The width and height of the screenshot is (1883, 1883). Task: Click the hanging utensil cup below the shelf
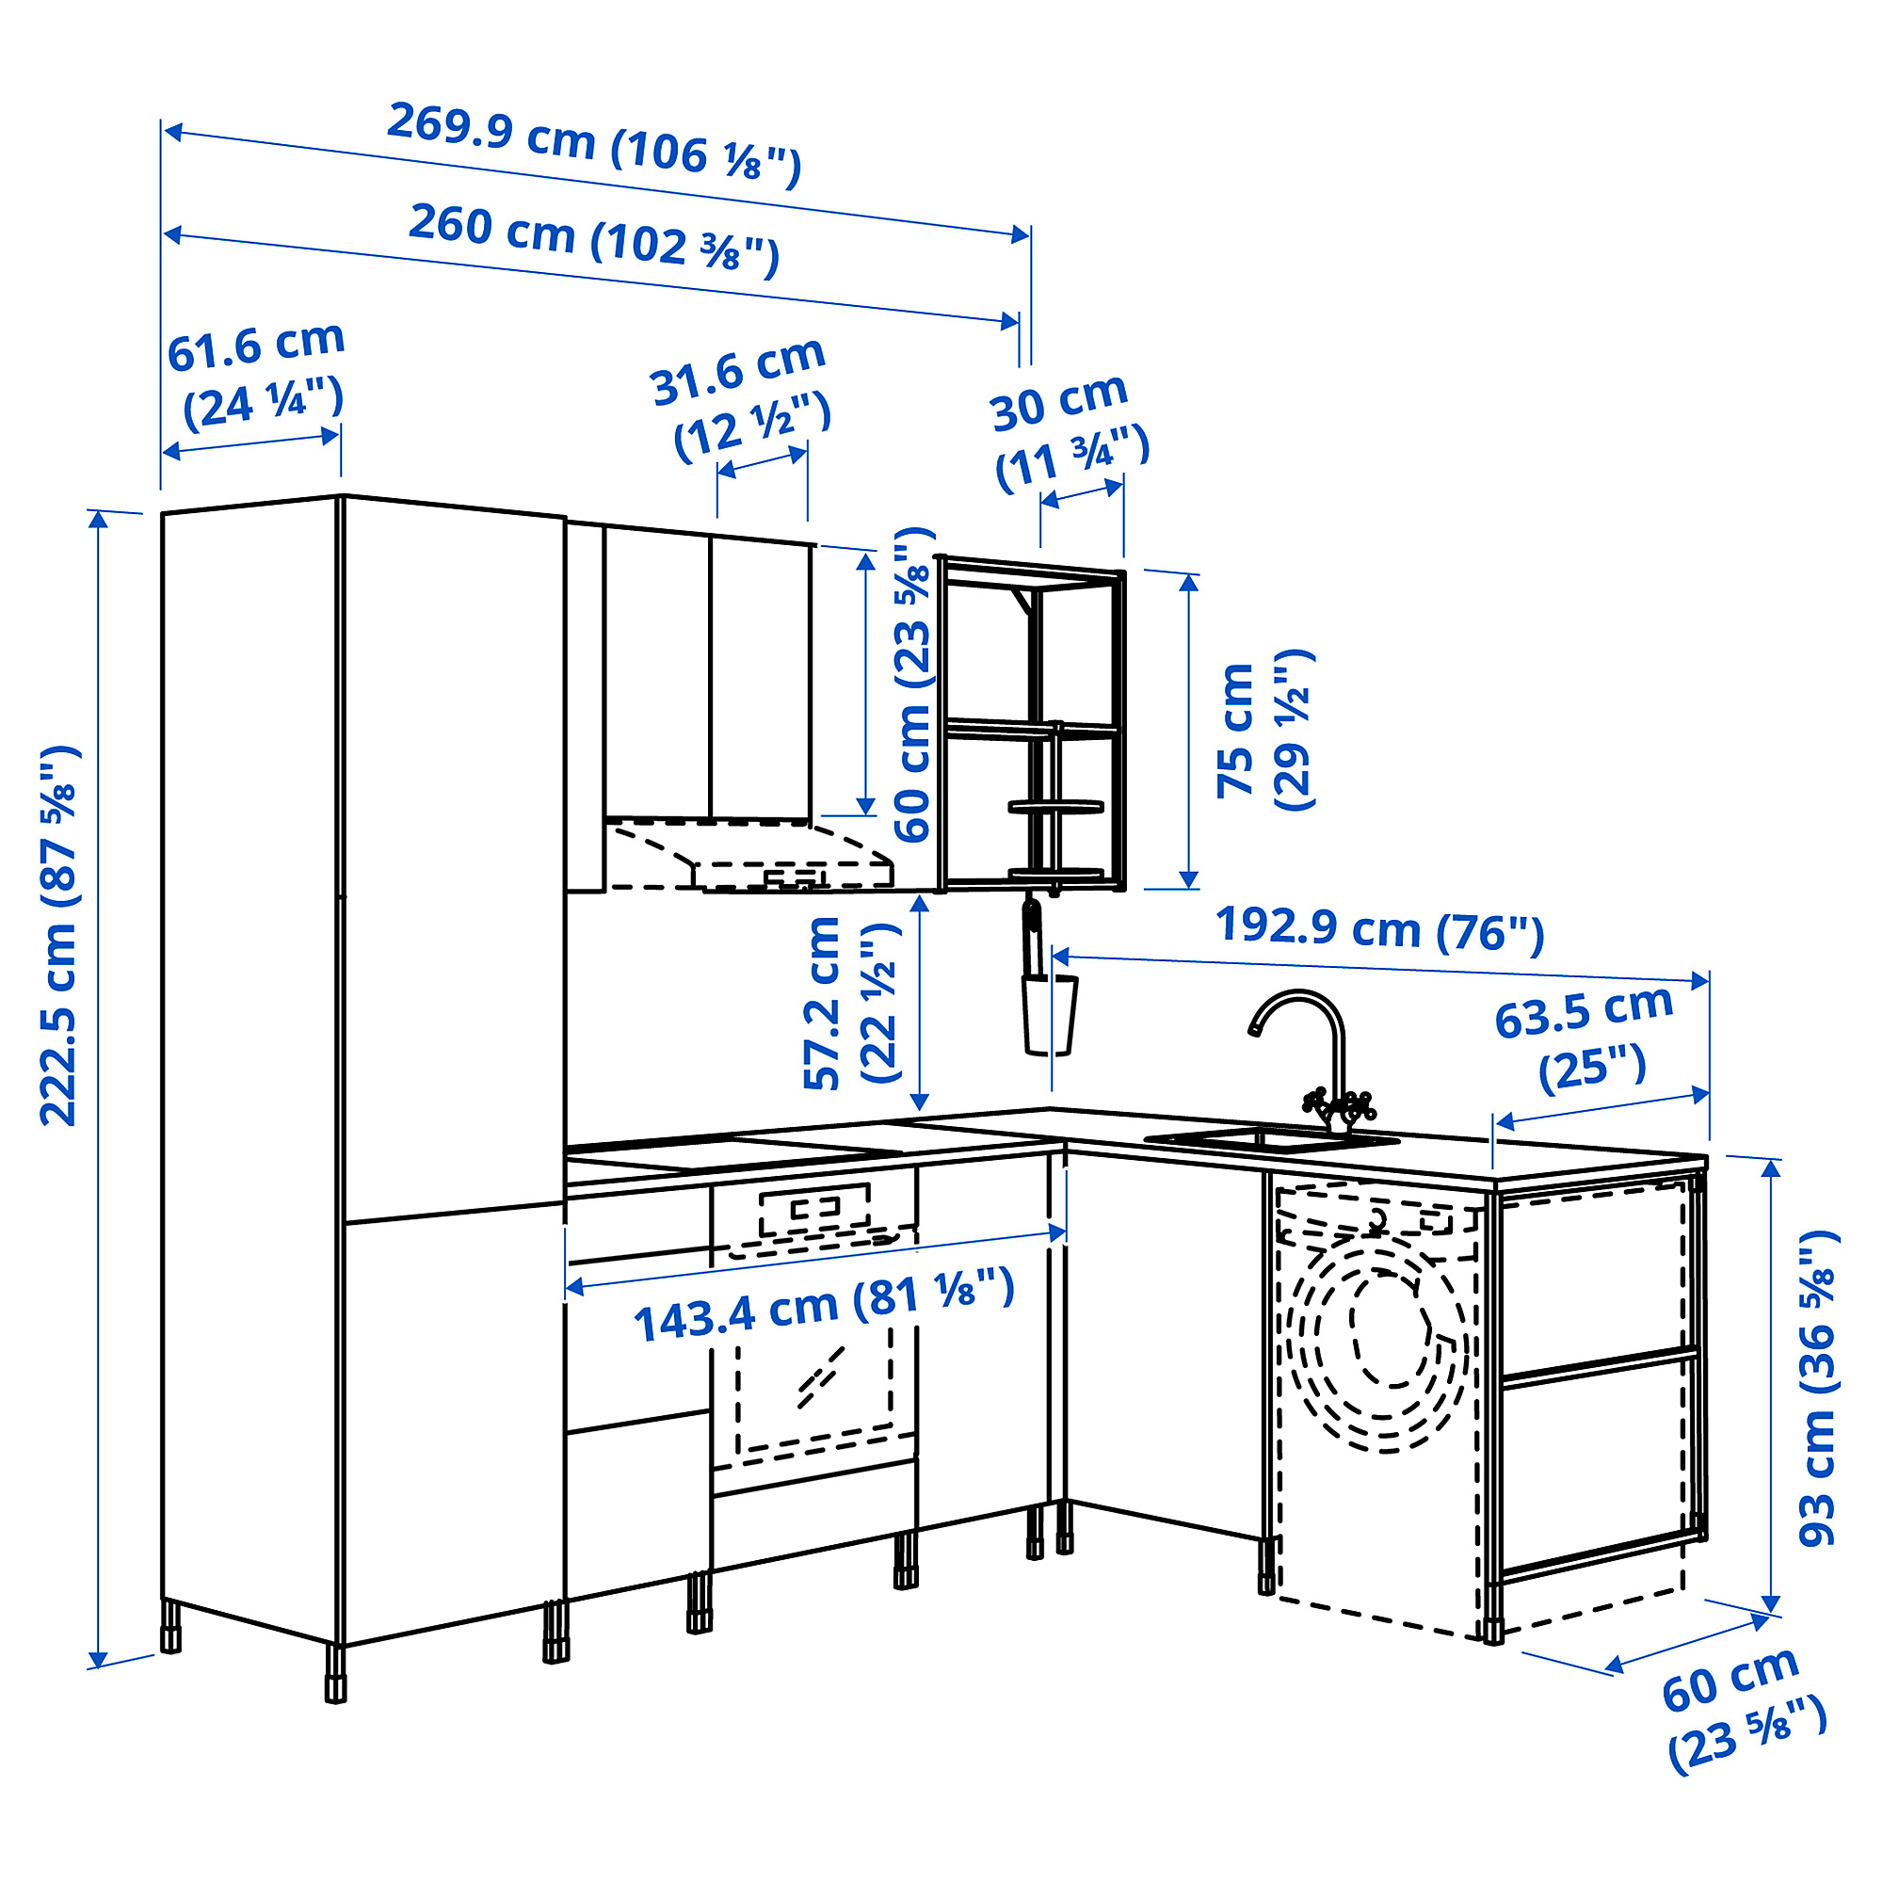click(x=1049, y=1015)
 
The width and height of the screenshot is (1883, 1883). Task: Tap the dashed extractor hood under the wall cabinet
click(x=750, y=857)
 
